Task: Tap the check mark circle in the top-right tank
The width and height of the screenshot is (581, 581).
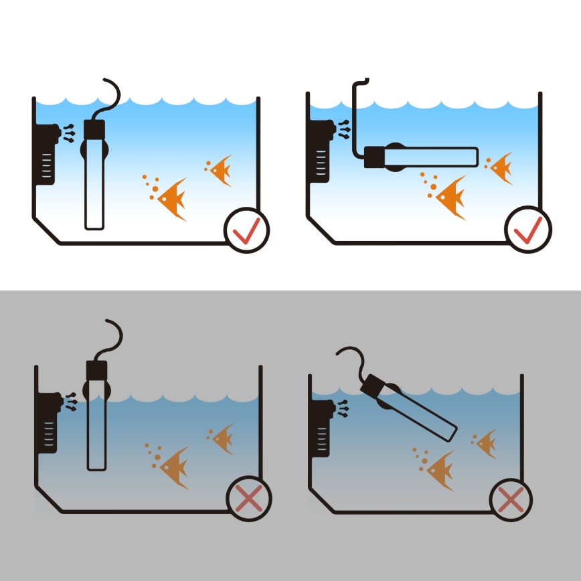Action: tap(528, 230)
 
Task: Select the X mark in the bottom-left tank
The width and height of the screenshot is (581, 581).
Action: tap(249, 499)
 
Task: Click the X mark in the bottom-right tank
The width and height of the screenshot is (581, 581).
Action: tap(511, 499)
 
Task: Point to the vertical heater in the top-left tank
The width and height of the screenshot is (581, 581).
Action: tap(94, 181)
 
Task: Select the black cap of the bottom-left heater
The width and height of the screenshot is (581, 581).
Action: tap(97, 370)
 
